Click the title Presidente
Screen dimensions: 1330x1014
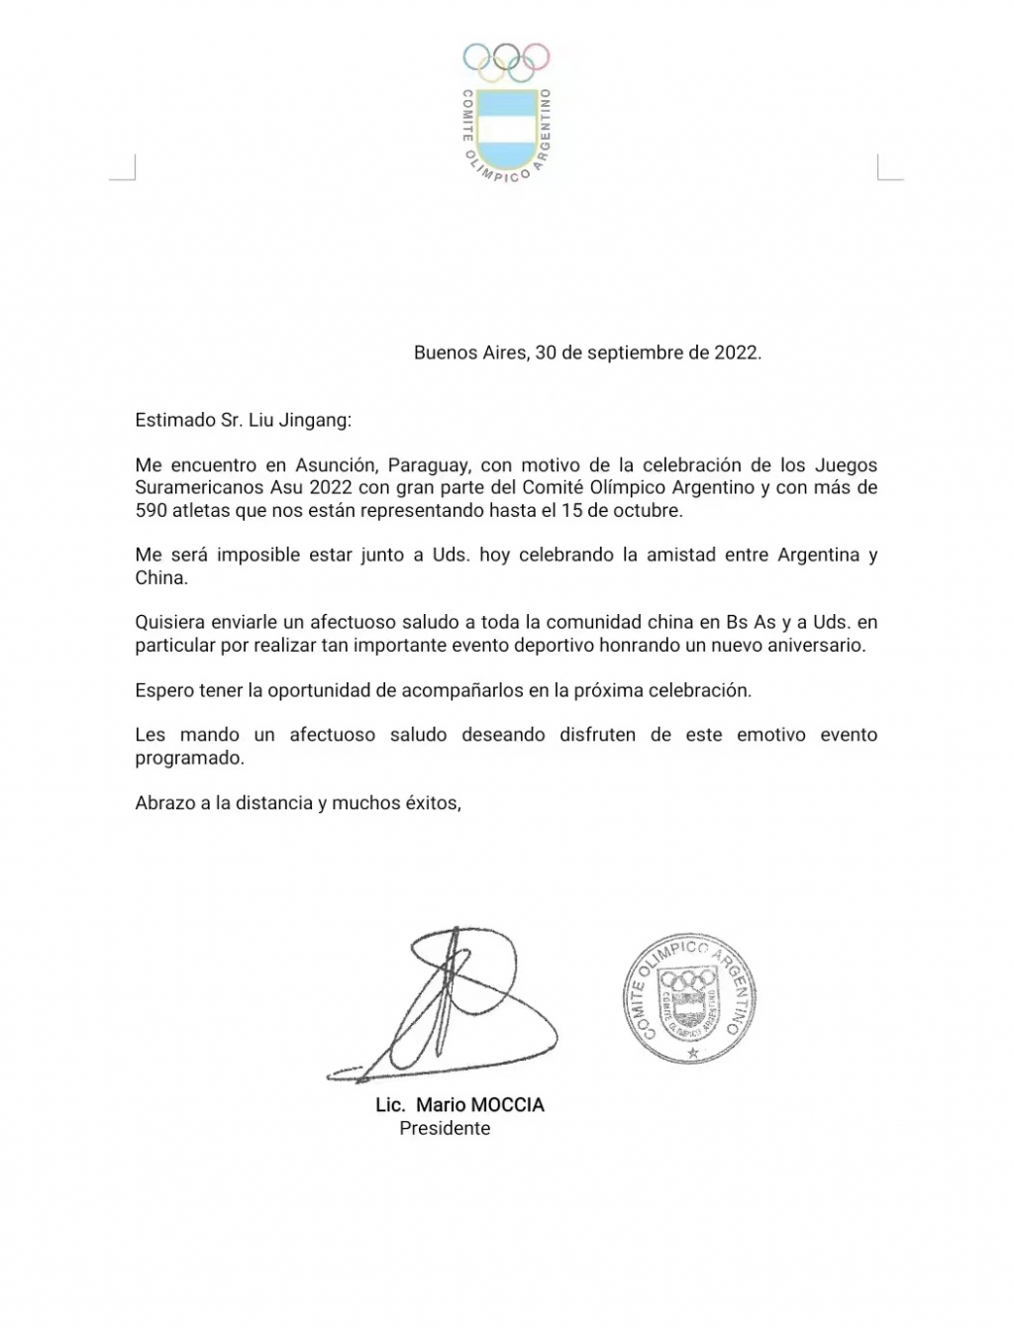pyautogui.click(x=445, y=1128)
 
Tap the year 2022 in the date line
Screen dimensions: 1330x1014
pyautogui.click(x=736, y=353)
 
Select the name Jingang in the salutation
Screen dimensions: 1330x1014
pyautogui.click(x=314, y=419)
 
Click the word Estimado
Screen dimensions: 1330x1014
pyautogui.click(x=172, y=419)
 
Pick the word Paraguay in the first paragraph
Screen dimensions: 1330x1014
pyautogui.click(x=427, y=464)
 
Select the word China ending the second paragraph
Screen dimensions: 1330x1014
pyautogui.click(x=160, y=577)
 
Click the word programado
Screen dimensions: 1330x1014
pyautogui.click(x=188, y=758)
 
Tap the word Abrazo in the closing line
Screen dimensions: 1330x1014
pyautogui.click(x=164, y=803)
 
